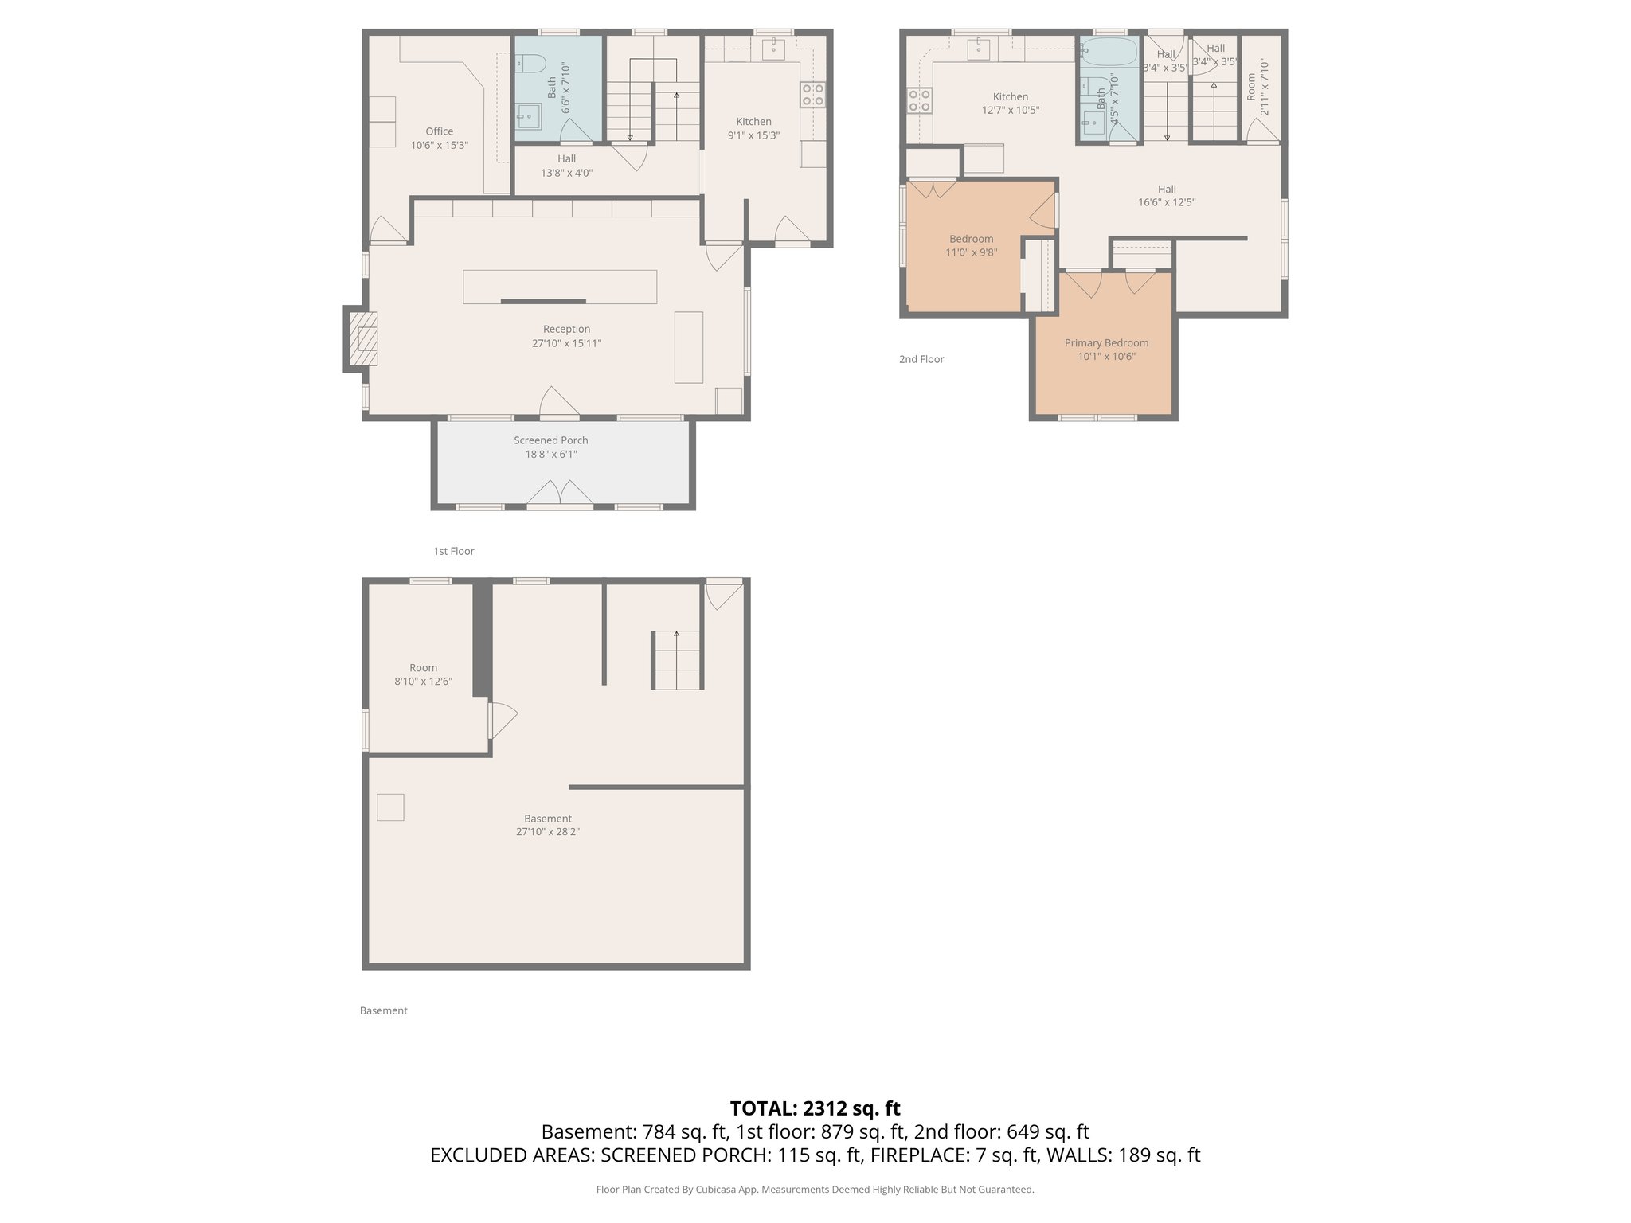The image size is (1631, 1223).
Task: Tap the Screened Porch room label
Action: click(550, 440)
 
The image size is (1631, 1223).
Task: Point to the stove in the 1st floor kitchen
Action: click(813, 95)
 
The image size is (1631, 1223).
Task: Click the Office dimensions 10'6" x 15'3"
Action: click(439, 146)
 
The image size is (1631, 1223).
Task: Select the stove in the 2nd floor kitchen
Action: click(920, 100)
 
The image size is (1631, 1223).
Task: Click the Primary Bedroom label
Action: click(1106, 343)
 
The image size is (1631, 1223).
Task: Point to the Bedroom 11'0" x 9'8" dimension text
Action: click(971, 253)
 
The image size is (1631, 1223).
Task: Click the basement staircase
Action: click(677, 660)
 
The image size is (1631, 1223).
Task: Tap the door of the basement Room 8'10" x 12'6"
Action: click(502, 720)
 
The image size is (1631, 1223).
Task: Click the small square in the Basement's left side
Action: click(390, 807)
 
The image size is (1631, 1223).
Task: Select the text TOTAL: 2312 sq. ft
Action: click(815, 1108)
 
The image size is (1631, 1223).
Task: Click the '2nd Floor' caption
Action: click(921, 359)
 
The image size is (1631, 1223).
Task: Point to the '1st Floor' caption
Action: click(453, 551)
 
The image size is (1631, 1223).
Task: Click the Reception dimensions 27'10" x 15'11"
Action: click(566, 344)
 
